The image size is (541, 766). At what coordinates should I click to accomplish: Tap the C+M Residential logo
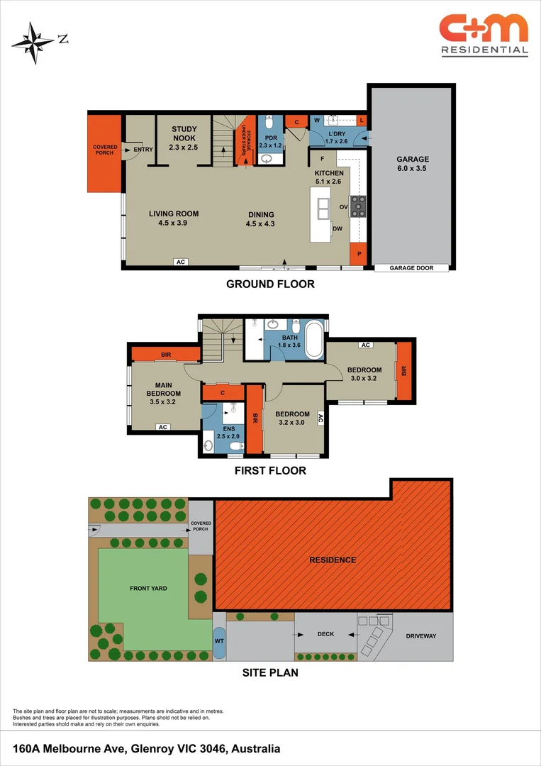[x=484, y=34]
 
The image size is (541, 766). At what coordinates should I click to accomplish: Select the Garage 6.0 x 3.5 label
[x=412, y=164]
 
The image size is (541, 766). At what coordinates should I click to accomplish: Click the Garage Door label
[x=412, y=268]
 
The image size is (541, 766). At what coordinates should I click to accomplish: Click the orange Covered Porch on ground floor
[x=104, y=151]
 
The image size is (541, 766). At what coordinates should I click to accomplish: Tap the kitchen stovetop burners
[x=359, y=206]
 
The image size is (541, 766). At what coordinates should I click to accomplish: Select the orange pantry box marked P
[x=359, y=254]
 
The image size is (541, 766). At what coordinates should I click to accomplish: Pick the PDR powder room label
[x=270, y=141]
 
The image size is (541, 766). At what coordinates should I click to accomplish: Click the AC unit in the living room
[x=181, y=262]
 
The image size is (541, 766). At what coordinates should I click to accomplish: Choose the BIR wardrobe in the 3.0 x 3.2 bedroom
[x=403, y=371]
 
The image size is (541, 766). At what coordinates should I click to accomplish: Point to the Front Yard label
[x=147, y=589]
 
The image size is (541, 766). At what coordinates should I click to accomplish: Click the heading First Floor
[x=270, y=470]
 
